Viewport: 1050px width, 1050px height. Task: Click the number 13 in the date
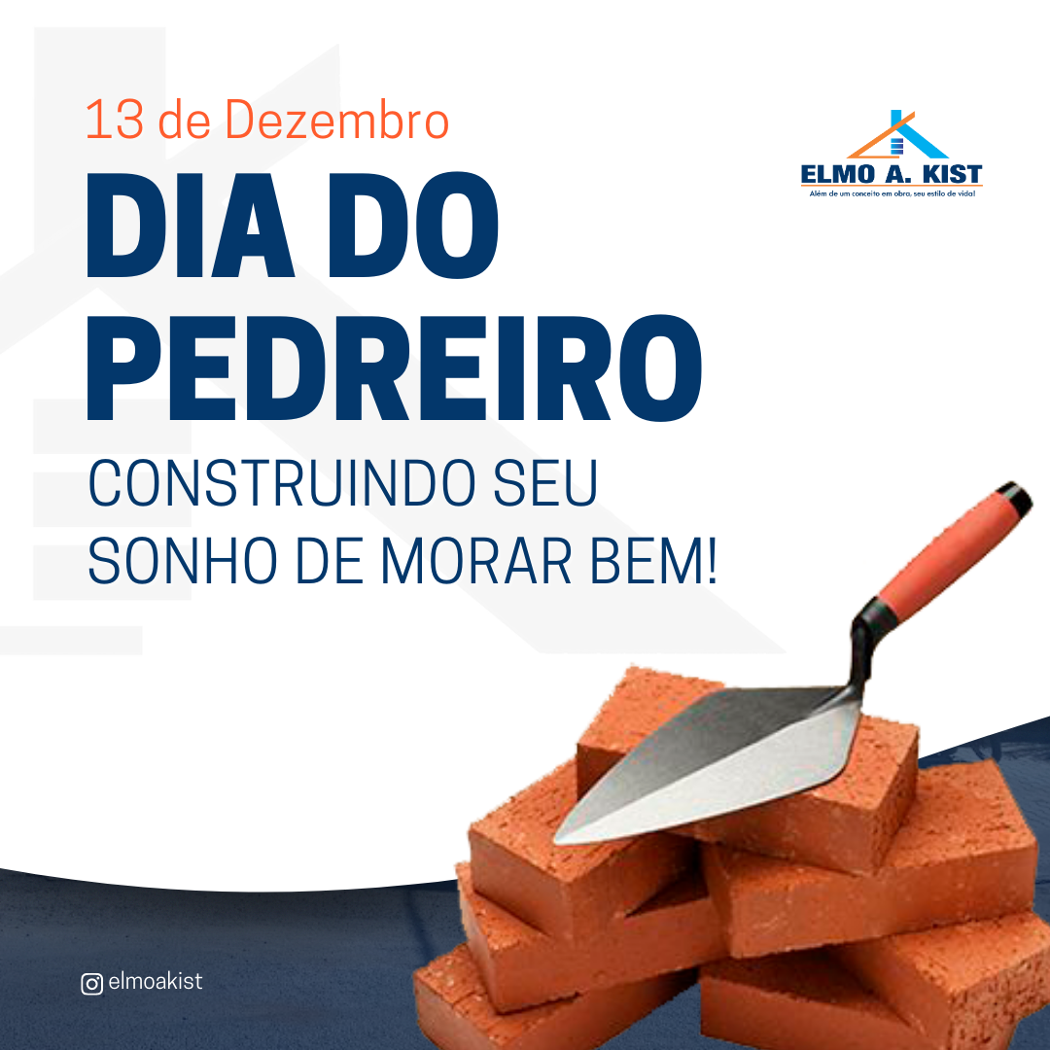click(x=115, y=120)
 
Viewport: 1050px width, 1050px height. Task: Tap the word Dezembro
click(x=336, y=120)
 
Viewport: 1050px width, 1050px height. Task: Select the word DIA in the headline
click(x=191, y=225)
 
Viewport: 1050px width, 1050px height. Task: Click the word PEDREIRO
click(x=395, y=367)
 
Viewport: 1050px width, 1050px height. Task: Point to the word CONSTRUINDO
click(x=282, y=483)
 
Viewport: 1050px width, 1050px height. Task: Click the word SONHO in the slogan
click(x=182, y=560)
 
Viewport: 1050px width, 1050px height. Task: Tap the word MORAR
click(x=476, y=560)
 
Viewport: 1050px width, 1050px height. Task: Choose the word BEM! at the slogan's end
click(x=654, y=560)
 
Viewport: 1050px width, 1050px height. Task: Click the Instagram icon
click(x=91, y=984)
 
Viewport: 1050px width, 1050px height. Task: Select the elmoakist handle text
click(x=156, y=982)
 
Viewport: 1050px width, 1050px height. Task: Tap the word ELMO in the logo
click(x=838, y=175)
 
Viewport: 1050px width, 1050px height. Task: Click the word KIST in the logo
click(x=952, y=175)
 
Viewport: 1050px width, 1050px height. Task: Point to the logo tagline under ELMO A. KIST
click(x=892, y=194)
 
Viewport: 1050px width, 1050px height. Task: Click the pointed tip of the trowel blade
click(x=557, y=838)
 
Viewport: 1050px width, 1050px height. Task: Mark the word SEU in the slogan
click(x=545, y=483)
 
